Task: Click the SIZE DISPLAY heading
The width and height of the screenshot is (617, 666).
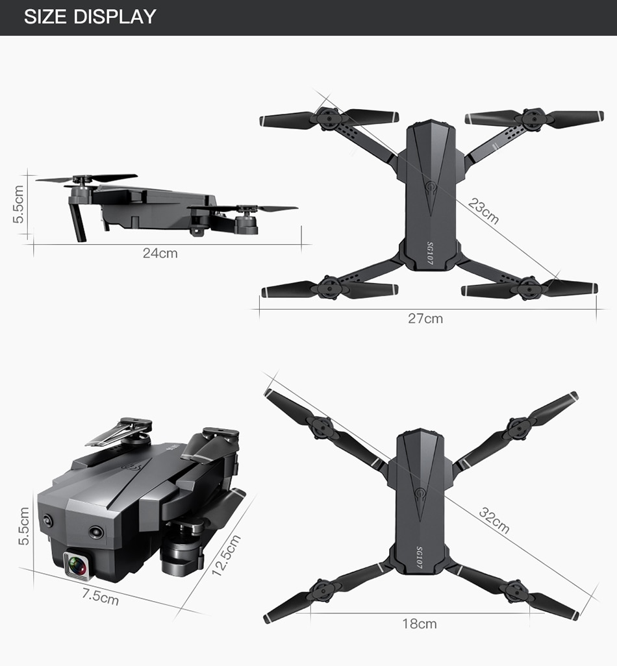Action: click(90, 17)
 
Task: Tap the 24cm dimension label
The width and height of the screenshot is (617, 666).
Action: click(160, 253)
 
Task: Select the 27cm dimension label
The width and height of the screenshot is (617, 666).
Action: click(425, 319)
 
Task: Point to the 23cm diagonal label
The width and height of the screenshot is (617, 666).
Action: click(484, 211)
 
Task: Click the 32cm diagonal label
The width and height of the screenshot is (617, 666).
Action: click(494, 520)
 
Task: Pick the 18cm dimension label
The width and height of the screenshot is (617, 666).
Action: click(420, 624)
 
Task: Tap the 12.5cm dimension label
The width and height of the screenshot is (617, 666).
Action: click(226, 556)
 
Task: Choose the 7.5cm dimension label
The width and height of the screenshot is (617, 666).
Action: click(100, 597)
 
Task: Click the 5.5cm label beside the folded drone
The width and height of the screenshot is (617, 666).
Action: click(24, 526)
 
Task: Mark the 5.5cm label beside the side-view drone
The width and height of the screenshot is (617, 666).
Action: click(18, 204)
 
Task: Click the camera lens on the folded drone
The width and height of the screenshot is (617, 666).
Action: click(77, 565)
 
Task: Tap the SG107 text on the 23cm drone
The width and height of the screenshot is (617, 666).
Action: click(429, 253)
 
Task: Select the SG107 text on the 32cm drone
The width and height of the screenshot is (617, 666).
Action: click(420, 558)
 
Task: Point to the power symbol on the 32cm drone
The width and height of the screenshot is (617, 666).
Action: click(421, 494)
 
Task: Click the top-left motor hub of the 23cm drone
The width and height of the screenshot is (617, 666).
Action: click(329, 119)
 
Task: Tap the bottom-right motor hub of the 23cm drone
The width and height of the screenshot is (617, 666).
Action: click(529, 289)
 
